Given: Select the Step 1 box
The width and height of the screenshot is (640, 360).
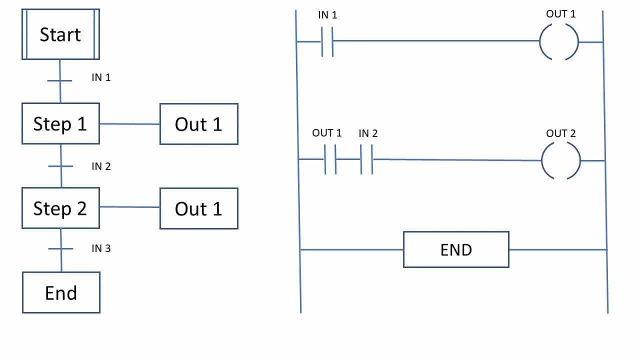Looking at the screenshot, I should tap(60, 123).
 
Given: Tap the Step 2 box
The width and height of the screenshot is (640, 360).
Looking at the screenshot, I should tap(60, 208).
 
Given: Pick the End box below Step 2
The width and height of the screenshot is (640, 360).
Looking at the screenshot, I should tap(61, 292).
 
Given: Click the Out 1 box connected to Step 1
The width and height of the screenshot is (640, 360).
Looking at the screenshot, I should tap(198, 124).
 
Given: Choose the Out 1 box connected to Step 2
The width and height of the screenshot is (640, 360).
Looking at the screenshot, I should tap(198, 208).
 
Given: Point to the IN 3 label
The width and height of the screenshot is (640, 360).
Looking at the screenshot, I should tap(101, 248).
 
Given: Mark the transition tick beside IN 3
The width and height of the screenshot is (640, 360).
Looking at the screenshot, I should tap(61, 248).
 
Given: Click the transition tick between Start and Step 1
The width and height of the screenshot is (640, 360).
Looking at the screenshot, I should tap(60, 80).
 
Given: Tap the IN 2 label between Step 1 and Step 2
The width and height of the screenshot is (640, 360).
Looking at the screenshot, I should tap(101, 166).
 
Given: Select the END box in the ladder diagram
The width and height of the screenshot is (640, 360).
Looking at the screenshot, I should tap(456, 249).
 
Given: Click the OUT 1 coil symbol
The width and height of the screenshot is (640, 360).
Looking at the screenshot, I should tap(559, 42).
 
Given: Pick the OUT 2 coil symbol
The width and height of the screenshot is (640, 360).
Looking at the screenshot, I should tap(561, 161).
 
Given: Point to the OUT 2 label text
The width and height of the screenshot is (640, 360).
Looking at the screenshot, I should tap(560, 133).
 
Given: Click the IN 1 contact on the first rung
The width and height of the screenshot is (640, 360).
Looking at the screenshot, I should tap(327, 41).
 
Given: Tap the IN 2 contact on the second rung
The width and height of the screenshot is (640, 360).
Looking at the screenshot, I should tap(367, 159).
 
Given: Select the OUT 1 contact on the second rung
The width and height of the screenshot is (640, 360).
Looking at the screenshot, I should tap(330, 159).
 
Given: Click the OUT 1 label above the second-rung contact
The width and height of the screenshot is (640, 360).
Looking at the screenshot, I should tap(327, 133).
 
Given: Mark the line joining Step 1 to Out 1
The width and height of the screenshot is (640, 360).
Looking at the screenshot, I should tap(129, 124).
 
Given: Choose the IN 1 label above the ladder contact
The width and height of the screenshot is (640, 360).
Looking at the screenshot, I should tap(327, 15).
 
